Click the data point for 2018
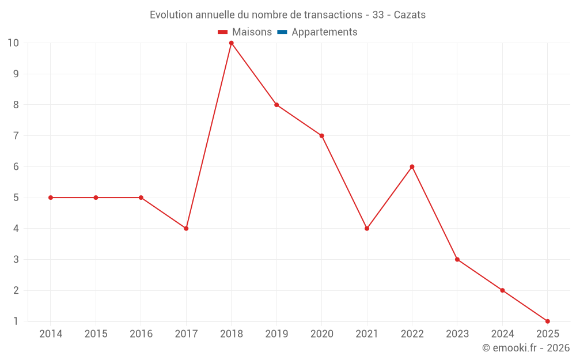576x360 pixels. pyautogui.click(x=231, y=43)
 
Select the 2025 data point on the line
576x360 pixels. pyautogui.click(x=547, y=321)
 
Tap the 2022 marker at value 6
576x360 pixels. pyautogui.click(x=412, y=166)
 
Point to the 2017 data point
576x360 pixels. pyautogui.click(x=186, y=228)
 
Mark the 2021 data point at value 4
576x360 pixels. pyautogui.click(x=367, y=228)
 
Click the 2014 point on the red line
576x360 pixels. pyautogui.click(x=51, y=198)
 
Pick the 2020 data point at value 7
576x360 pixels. pyautogui.click(x=321, y=136)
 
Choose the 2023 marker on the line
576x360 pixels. pyautogui.click(x=457, y=259)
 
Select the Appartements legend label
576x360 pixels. pyautogui.click(x=324, y=32)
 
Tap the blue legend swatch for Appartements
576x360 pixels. pyautogui.click(x=282, y=32)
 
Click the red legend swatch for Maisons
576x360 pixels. pyautogui.click(x=223, y=32)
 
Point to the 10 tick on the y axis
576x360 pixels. pyautogui.click(x=13, y=43)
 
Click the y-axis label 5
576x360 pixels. pyautogui.click(x=16, y=198)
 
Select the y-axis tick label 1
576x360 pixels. pyautogui.click(x=16, y=321)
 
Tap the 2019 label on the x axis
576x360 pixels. pyautogui.click(x=276, y=334)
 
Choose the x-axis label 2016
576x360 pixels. pyautogui.click(x=141, y=334)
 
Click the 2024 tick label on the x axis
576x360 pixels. pyautogui.click(x=502, y=334)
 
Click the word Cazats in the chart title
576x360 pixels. pyautogui.click(x=410, y=15)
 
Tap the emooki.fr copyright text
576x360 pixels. pyautogui.click(x=526, y=348)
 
